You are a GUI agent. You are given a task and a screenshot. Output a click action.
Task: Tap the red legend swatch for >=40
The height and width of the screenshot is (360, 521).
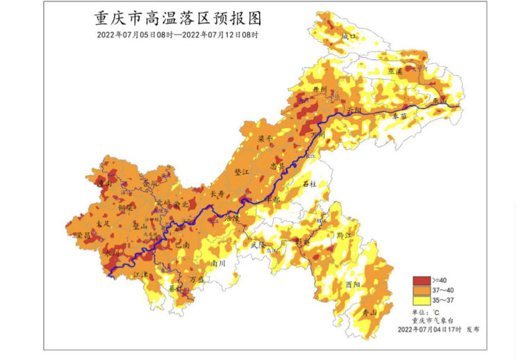tap(421, 281)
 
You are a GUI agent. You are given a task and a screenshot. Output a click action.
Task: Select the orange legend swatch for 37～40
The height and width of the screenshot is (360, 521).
tap(421, 290)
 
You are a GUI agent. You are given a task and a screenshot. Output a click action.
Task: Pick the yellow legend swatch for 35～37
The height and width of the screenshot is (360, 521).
tap(421, 300)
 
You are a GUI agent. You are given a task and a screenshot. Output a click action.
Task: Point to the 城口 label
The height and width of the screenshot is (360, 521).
tap(348, 36)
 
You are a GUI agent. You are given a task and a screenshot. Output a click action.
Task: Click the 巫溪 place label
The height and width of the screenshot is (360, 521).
tap(395, 71)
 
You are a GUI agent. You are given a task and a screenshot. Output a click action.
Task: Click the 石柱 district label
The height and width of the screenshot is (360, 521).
tap(311, 183)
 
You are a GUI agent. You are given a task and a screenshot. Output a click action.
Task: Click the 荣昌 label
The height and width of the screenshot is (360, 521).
tap(83, 236)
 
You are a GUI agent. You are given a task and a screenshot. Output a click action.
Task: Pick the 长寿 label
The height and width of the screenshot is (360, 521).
tap(217, 195)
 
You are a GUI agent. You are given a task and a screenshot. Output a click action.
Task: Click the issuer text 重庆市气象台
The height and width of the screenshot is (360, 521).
tap(432, 320)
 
